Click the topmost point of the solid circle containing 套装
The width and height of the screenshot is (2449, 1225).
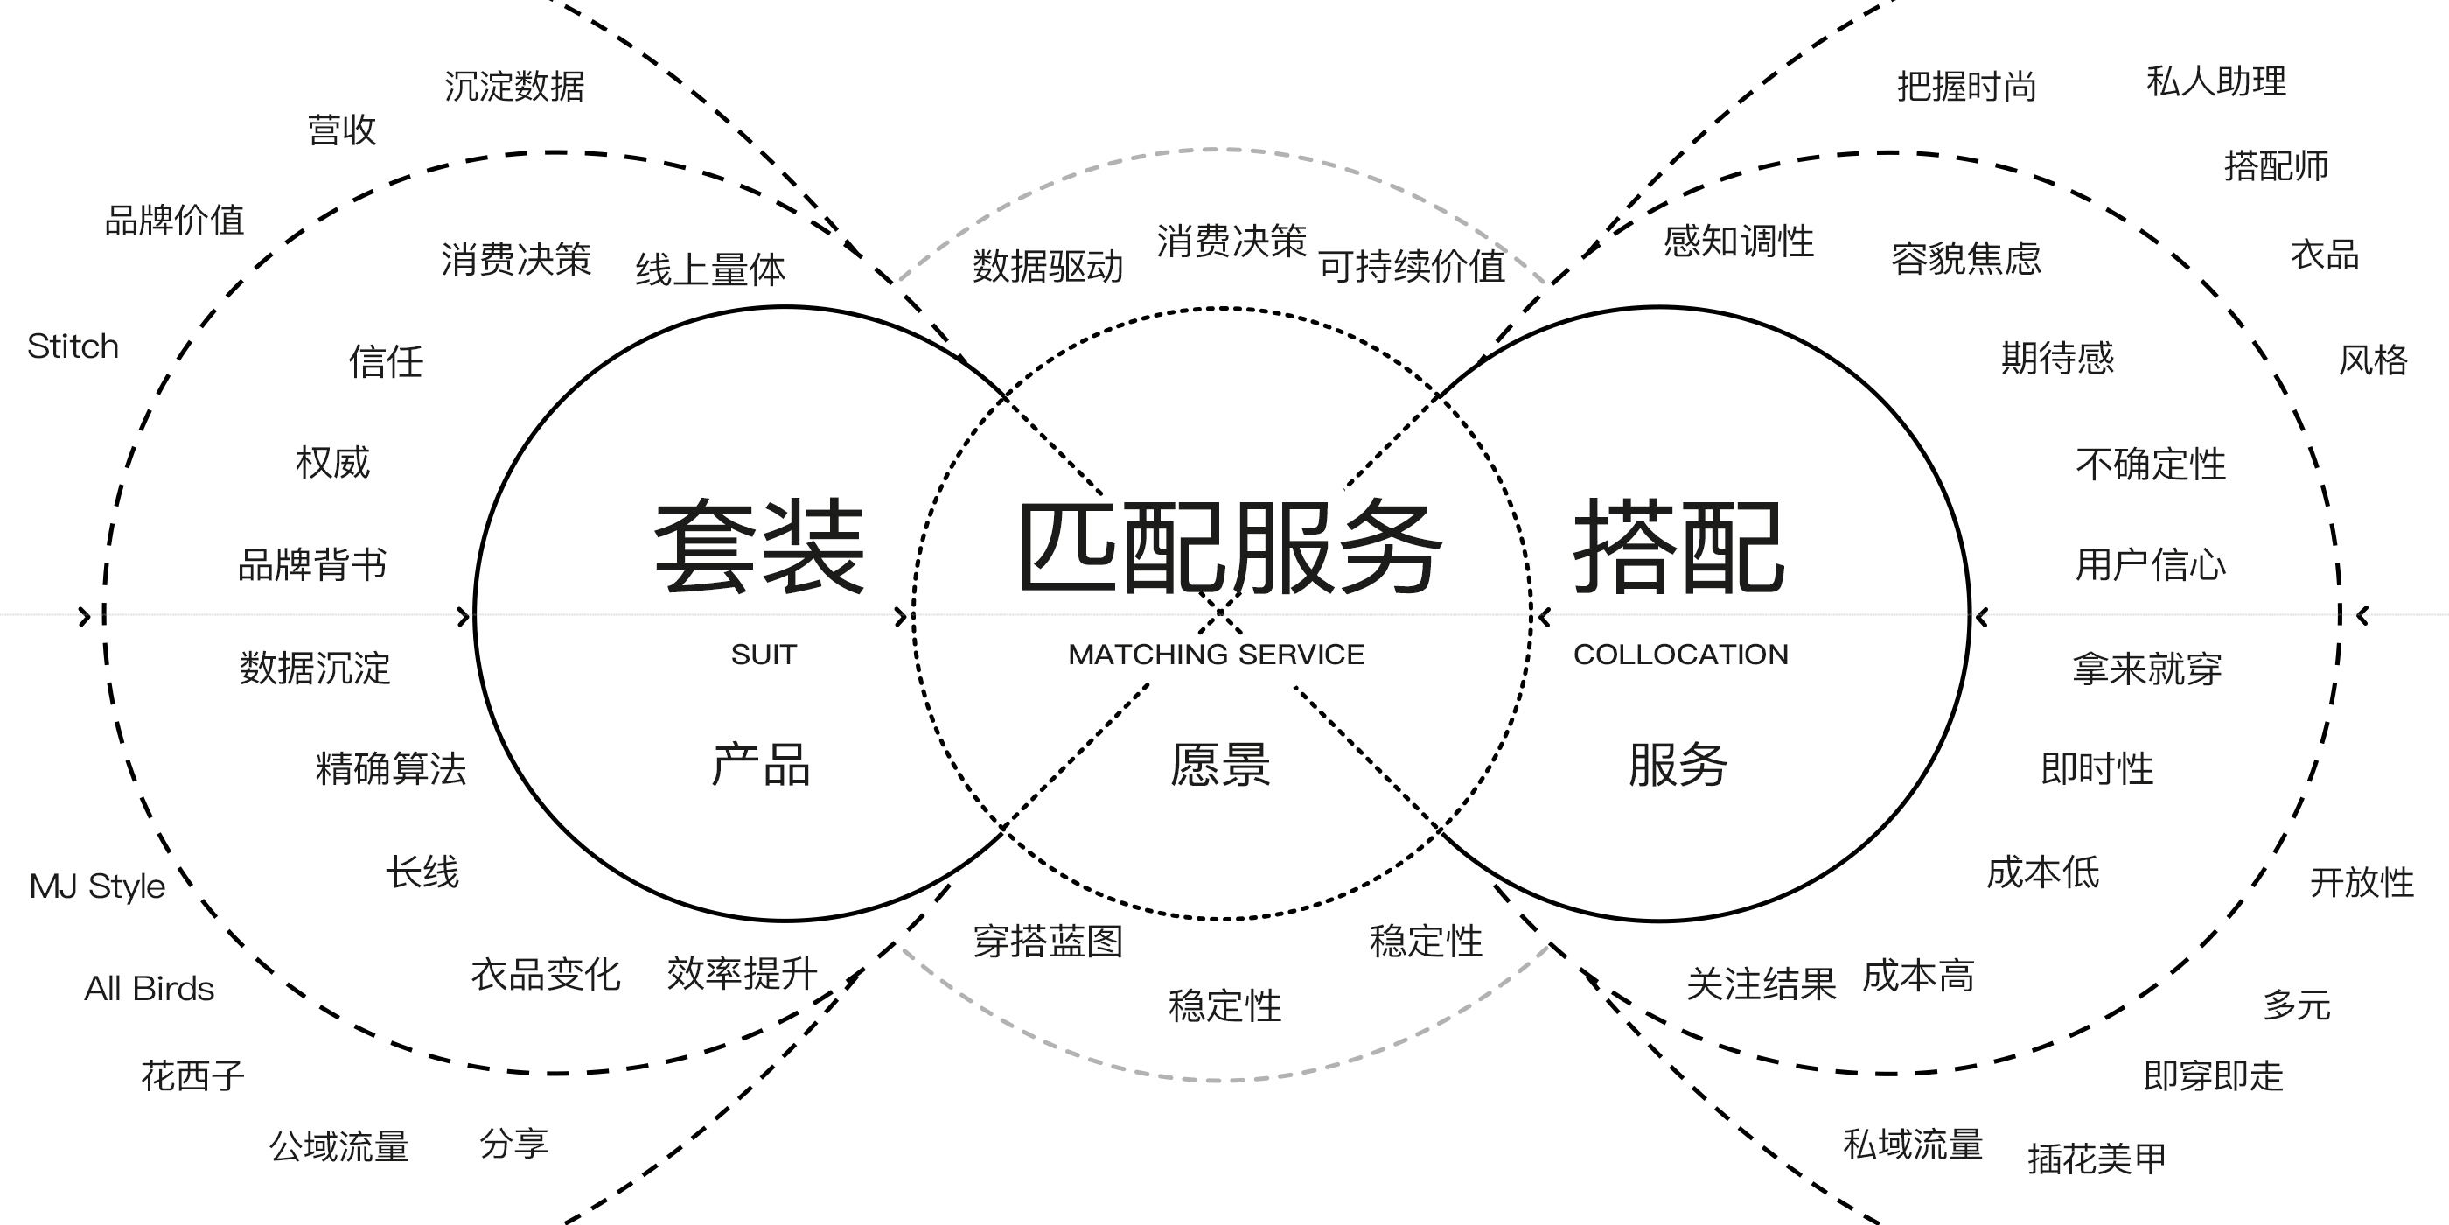click(785, 307)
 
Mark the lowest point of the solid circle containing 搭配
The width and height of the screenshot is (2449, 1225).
click(1659, 920)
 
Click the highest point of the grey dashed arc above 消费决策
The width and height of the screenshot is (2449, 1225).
click(1221, 150)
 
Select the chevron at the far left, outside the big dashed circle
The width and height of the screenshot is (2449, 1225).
click(85, 616)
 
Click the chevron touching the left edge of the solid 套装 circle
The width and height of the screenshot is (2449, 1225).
click(464, 616)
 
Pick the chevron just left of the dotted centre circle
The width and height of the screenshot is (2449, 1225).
click(901, 616)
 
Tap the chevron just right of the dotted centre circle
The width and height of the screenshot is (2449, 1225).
click(1545, 617)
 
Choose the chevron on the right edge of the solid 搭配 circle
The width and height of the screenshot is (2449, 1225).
click(1982, 617)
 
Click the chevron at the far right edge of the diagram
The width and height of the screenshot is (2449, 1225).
click(2363, 616)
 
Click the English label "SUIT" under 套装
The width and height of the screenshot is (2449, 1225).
click(764, 654)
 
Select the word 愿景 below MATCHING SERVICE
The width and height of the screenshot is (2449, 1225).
click(1221, 765)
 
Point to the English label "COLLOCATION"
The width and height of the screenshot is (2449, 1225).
click(1681, 654)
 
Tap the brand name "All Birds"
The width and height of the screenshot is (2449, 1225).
click(150, 989)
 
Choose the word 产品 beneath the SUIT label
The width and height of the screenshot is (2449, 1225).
click(762, 765)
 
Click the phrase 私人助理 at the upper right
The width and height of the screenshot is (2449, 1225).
click(2216, 81)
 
